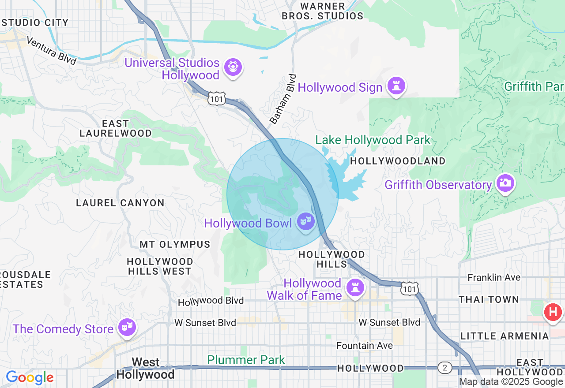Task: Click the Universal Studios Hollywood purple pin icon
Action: [x=233, y=67]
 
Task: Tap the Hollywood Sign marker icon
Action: [x=396, y=86]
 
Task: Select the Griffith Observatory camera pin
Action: [x=505, y=183]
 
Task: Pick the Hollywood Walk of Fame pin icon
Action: [x=355, y=288]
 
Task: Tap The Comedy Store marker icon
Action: [x=127, y=327]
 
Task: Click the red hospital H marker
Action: [x=553, y=313]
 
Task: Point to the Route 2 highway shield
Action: [x=445, y=368]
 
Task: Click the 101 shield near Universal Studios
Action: [x=217, y=99]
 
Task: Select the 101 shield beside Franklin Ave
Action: [x=409, y=289]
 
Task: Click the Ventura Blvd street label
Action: [x=51, y=50]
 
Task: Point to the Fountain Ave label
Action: [x=365, y=346]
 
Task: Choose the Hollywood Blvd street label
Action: [x=211, y=301]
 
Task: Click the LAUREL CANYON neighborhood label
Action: [x=120, y=203]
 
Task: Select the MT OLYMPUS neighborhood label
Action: [x=175, y=244]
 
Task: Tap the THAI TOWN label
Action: [x=489, y=300]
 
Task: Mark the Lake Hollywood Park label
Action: [x=373, y=140]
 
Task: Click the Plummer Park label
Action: [x=246, y=360]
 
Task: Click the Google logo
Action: [x=30, y=378]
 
